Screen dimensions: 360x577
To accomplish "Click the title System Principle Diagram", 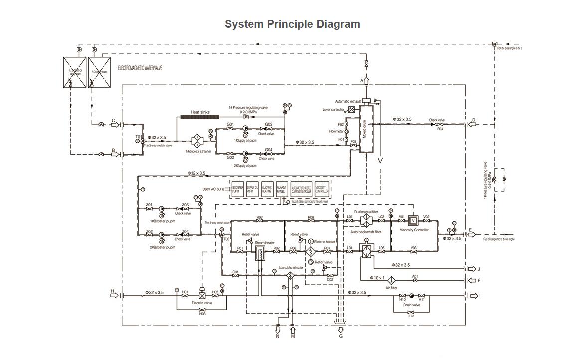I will point(292,24).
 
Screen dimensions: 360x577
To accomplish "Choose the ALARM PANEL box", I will point(281,190).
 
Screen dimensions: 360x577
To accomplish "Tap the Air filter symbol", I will point(391,280).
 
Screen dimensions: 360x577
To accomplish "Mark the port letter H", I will point(112,291).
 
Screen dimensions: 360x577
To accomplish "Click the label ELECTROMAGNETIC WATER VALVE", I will point(140,68).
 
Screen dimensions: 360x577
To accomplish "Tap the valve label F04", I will point(440,129).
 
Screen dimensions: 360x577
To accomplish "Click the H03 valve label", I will point(202,314).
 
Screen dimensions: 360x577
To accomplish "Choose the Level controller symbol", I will point(351,109).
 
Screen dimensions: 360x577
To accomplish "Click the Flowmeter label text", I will point(336,132).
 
